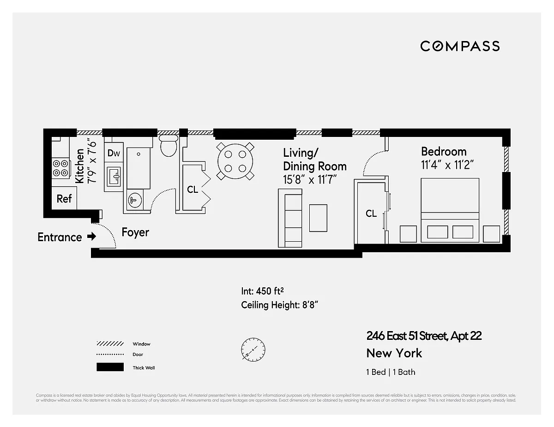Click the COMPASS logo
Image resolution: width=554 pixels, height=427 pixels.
click(460, 46)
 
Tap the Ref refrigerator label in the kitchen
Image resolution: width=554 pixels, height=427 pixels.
click(64, 199)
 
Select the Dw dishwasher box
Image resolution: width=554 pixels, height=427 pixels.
click(114, 153)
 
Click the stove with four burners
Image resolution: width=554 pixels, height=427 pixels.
click(60, 168)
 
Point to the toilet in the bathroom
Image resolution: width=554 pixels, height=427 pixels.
click(169, 145)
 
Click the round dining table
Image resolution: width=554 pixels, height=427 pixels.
click(236, 161)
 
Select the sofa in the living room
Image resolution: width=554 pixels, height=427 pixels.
click(290, 218)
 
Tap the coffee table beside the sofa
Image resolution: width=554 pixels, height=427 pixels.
click(318, 218)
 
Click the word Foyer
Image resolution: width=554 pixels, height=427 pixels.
click(135, 232)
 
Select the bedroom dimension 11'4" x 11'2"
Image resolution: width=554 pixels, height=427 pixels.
click(447, 165)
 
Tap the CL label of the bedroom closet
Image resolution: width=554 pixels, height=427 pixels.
click(371, 213)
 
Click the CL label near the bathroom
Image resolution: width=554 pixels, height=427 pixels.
click(193, 190)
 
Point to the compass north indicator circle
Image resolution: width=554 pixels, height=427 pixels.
click(253, 350)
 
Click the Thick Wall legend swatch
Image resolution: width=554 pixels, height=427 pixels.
click(110, 368)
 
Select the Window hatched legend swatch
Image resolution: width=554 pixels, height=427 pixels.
click(110, 344)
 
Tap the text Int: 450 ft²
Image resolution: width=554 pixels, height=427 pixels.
click(262, 291)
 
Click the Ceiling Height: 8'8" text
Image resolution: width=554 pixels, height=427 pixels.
click(279, 305)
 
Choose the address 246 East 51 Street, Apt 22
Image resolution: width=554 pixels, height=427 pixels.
click(424, 336)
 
